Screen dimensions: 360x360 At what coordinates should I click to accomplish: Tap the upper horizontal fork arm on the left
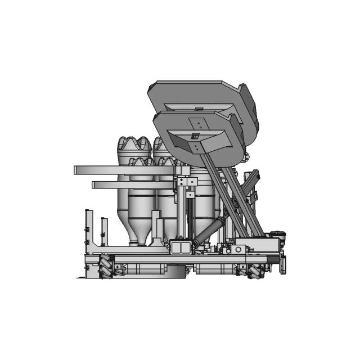(96, 170)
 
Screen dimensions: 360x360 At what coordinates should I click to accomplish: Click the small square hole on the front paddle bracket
(195, 136)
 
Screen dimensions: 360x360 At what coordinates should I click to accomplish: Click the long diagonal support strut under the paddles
(225, 197)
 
